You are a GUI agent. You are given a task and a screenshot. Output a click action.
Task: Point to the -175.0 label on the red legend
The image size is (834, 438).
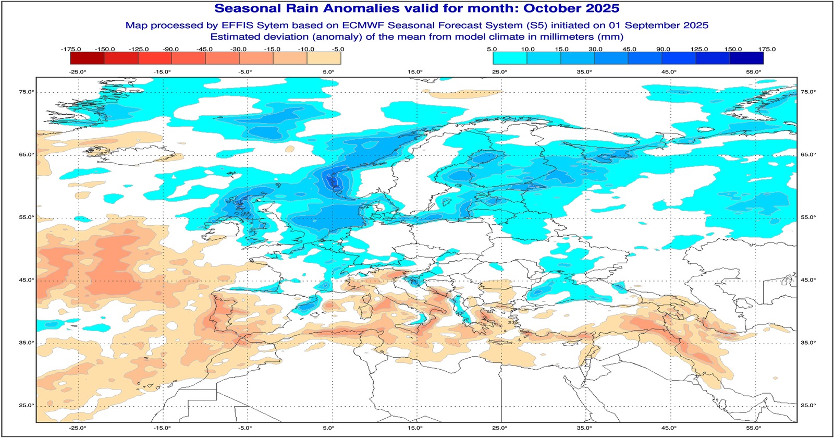point(71,49)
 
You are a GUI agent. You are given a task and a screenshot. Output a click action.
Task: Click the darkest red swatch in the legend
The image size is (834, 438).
point(87,58)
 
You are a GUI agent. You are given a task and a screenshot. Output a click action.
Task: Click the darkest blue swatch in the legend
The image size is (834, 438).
point(746,58)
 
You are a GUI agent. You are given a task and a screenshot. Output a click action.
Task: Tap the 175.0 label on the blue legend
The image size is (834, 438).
point(767,49)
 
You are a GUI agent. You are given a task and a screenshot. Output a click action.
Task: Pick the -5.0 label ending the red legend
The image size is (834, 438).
point(338,49)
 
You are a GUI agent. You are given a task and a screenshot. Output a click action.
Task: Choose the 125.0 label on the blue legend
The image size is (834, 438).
point(699,49)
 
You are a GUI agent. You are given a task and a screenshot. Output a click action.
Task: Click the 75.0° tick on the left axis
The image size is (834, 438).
point(27,92)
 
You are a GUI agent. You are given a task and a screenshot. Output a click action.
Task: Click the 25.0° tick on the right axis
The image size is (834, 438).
point(808,405)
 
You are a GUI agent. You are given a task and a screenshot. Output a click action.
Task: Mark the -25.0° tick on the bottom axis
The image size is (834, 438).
point(78,428)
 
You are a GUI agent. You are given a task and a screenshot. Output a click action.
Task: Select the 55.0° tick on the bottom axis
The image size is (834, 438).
point(754,428)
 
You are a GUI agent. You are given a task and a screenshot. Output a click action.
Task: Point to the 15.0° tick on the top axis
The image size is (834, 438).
point(415,72)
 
